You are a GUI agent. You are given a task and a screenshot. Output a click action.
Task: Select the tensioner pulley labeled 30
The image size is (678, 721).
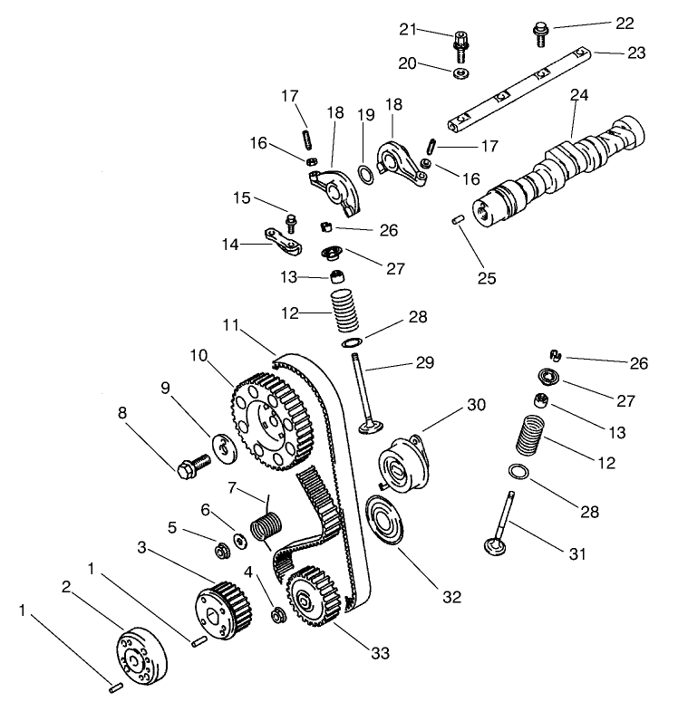(x=399, y=462)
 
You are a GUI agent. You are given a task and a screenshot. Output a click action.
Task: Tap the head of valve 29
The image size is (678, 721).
(x=369, y=426)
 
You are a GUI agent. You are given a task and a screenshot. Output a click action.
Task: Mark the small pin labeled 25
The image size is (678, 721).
(x=459, y=219)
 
